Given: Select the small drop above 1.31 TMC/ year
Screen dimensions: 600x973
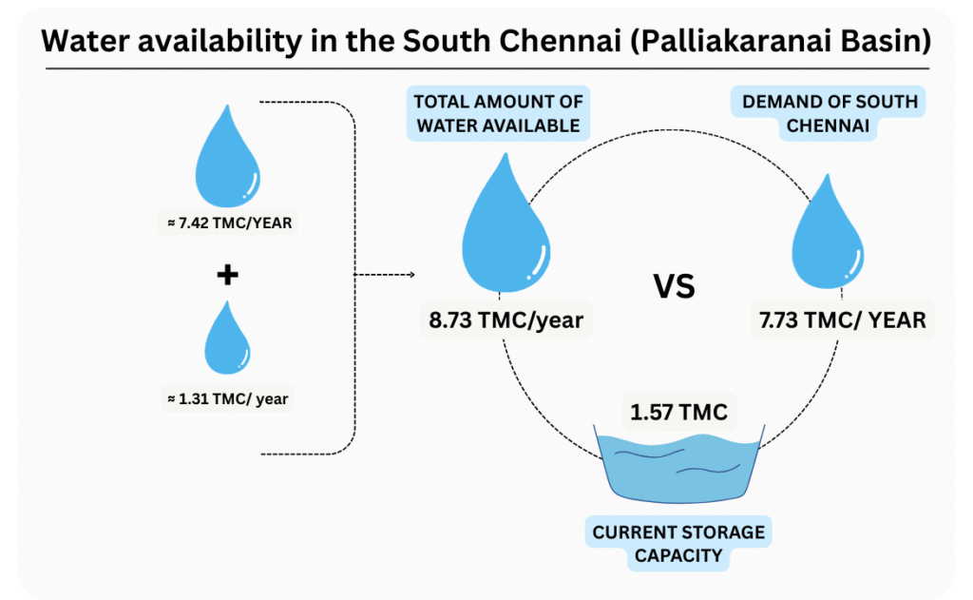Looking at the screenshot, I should (x=227, y=340).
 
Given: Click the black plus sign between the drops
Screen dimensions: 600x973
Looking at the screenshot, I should (x=227, y=276).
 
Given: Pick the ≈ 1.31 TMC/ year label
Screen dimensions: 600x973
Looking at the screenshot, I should (x=226, y=399).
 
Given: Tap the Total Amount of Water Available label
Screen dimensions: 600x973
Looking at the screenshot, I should (x=498, y=114).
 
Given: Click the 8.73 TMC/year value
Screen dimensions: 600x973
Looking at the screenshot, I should (x=506, y=319).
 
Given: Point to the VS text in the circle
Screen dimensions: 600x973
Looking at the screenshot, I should (x=673, y=285).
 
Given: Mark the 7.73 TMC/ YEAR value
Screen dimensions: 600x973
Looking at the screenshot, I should (x=842, y=319).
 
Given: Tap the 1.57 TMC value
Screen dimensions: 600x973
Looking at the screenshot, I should (x=678, y=413).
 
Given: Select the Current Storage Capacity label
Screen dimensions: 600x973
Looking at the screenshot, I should (x=678, y=543).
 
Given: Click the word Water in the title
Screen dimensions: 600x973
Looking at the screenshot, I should (x=88, y=42).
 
